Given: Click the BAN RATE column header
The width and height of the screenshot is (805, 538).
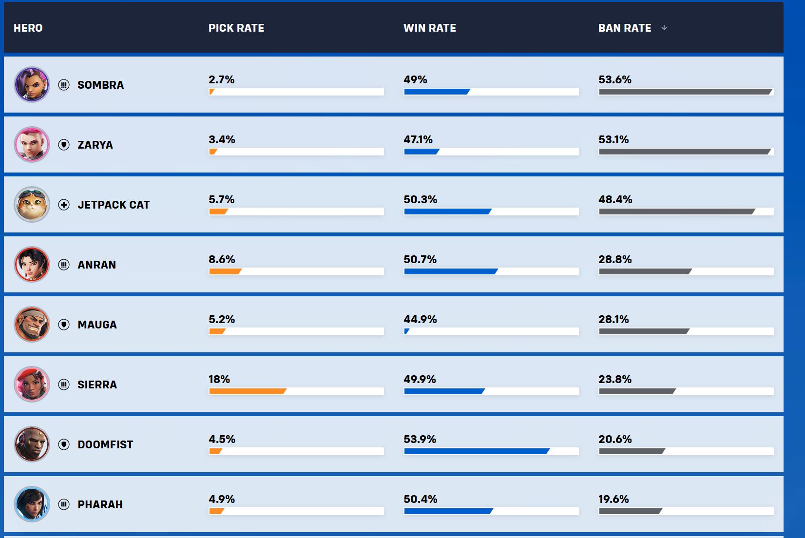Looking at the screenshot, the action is pyautogui.click(x=625, y=28).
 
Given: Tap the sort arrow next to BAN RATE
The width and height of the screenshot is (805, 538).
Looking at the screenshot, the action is pyautogui.click(x=664, y=28).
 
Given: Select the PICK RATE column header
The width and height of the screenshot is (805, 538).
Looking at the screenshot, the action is pyautogui.click(x=236, y=28).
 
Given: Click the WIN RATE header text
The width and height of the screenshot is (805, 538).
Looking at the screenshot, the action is pyautogui.click(x=429, y=28).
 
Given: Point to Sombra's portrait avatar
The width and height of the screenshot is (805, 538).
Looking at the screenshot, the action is pyautogui.click(x=32, y=84).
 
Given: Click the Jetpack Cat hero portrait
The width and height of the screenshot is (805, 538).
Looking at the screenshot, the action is pyautogui.click(x=32, y=205).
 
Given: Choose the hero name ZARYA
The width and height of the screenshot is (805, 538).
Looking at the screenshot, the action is pyautogui.click(x=95, y=145).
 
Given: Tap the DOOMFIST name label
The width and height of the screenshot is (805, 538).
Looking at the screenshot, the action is pyautogui.click(x=105, y=444).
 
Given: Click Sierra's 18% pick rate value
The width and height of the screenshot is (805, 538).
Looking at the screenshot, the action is pyautogui.click(x=219, y=379).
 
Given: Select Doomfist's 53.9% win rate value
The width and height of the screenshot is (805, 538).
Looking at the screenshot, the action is pyautogui.click(x=420, y=439).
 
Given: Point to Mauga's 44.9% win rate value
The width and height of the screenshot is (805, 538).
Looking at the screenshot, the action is pyautogui.click(x=420, y=319).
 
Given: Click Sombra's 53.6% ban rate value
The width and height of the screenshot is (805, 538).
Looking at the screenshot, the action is pyautogui.click(x=615, y=79).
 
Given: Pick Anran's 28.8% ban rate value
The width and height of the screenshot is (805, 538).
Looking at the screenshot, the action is pyautogui.click(x=615, y=259).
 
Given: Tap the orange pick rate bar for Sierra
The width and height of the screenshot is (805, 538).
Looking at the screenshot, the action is pyautogui.click(x=248, y=391).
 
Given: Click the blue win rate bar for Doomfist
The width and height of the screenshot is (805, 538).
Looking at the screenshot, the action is pyautogui.click(x=477, y=451).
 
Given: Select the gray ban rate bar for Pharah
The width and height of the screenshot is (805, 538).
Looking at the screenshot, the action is pyautogui.click(x=631, y=511).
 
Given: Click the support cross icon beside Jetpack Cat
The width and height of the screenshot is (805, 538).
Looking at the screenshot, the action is pyautogui.click(x=64, y=205).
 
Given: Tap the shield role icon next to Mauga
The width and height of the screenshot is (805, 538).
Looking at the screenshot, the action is pyautogui.click(x=64, y=325).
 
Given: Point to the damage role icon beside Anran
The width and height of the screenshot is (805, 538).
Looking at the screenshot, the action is pyautogui.click(x=64, y=265).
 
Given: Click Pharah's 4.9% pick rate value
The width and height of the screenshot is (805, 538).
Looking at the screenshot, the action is pyautogui.click(x=222, y=499).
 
